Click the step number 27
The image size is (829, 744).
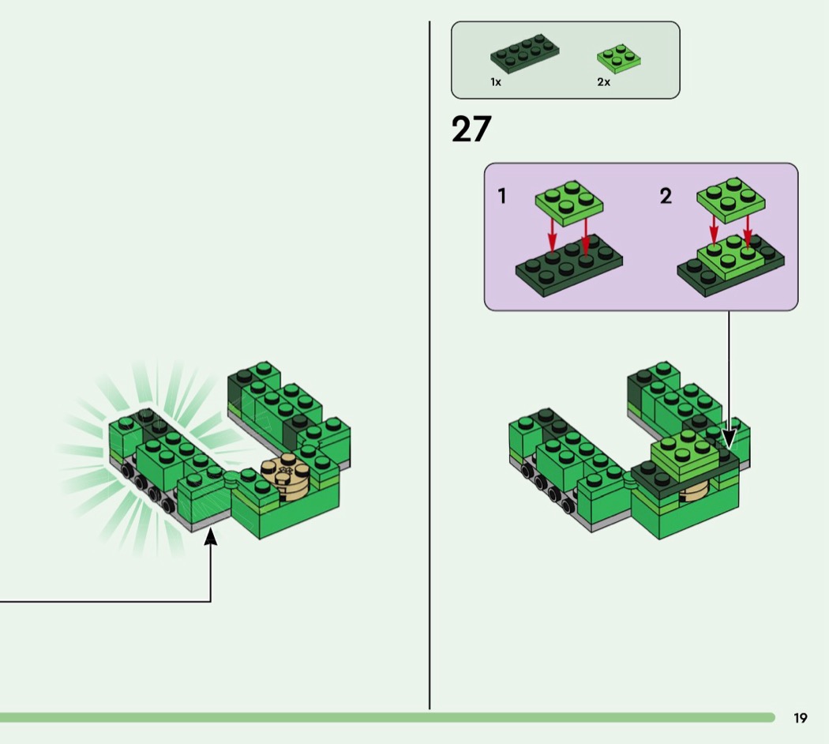click(471, 129)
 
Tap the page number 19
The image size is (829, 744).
click(800, 718)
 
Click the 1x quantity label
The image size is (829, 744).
click(495, 82)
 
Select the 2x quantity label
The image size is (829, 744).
click(604, 82)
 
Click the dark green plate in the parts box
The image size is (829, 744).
click(524, 54)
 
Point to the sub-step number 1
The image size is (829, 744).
click(502, 196)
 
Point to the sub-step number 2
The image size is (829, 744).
click(666, 196)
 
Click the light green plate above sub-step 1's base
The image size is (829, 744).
click(569, 203)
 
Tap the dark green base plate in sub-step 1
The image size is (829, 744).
click(569, 265)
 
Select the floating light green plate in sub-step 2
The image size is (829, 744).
click(730, 199)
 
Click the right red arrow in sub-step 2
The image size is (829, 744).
click(747, 231)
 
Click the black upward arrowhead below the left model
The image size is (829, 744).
click(211, 535)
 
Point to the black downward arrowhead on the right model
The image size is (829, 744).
click(729, 439)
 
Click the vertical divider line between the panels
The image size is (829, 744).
click(430, 365)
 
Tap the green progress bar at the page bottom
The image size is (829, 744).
click(388, 718)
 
